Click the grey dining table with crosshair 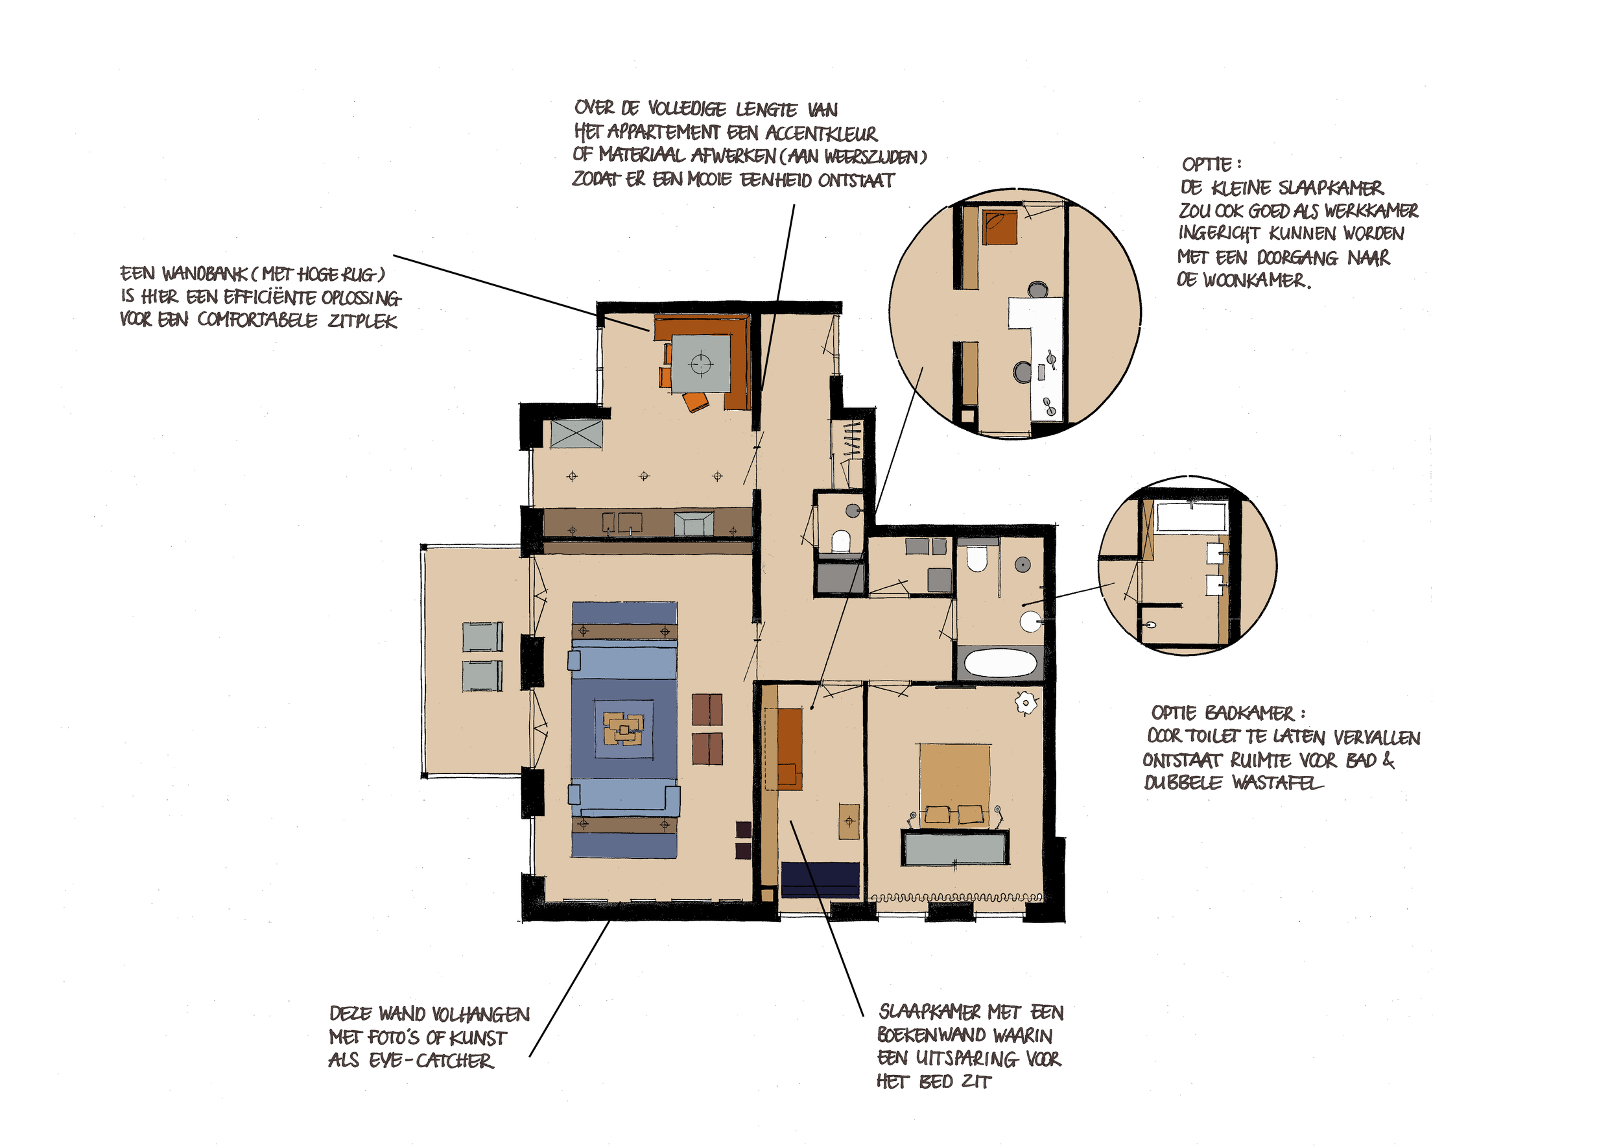pyautogui.click(x=700, y=364)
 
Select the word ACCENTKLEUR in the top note pyautogui.click(x=820, y=133)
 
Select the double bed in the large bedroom pyautogui.click(x=954, y=784)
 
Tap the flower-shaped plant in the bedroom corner pyautogui.click(x=1026, y=703)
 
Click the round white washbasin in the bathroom pyautogui.click(x=1030, y=622)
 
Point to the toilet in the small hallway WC pyautogui.click(x=840, y=541)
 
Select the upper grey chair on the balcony pyautogui.click(x=483, y=636)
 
